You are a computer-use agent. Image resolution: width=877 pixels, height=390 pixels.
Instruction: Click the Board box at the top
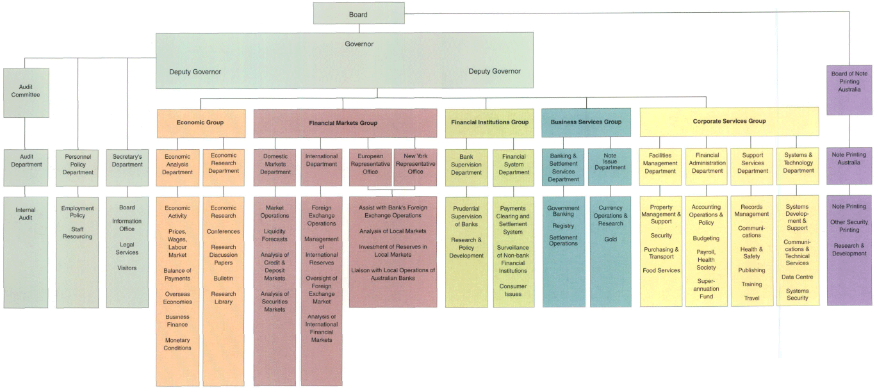coord(359,13)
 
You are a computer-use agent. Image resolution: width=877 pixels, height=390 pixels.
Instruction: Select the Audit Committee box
coord(26,92)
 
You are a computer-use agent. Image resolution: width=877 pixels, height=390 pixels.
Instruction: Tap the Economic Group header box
coord(201,122)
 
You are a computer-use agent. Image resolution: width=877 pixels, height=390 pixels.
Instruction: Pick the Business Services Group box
coord(586,122)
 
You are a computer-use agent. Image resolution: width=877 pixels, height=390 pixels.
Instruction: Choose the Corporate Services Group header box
coord(729,121)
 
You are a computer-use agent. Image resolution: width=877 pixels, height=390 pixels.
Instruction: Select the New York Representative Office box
coord(415,167)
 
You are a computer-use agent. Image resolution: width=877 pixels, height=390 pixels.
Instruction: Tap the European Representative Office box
coord(370,167)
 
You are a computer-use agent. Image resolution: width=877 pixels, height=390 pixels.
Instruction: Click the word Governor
coord(359,44)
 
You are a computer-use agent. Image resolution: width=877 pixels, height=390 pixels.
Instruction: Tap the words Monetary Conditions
coord(177,344)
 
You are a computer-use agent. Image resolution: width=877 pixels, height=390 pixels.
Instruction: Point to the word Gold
coord(610,240)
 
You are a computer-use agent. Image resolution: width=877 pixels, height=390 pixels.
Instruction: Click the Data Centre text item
coord(797,277)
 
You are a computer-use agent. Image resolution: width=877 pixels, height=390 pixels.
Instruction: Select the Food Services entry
coord(661,270)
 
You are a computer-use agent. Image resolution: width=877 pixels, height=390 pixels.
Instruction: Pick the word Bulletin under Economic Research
coord(223,279)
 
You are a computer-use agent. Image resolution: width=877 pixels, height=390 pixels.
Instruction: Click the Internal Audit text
coord(26,214)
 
